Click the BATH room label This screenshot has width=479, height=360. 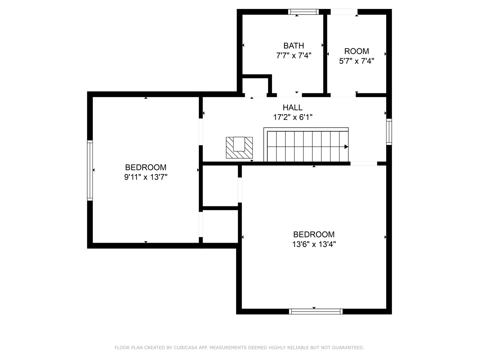tap(293, 46)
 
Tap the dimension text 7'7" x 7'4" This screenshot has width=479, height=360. tap(293, 55)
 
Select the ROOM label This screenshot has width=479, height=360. tap(356, 51)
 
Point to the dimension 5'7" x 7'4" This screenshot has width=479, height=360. tap(356, 61)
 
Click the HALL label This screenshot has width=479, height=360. tap(292, 107)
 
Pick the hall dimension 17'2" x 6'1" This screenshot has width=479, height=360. tap(292, 117)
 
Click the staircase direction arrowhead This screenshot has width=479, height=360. tap(346, 147)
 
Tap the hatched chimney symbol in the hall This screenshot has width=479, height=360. tap(239, 148)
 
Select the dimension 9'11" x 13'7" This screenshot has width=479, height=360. tap(145, 177)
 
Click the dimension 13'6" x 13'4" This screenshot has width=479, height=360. tap(314, 244)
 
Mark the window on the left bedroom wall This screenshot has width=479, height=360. tap(90, 170)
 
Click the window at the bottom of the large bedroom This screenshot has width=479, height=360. tap(315, 311)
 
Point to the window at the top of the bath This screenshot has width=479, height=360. tap(303, 12)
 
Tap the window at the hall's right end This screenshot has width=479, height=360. tap(389, 132)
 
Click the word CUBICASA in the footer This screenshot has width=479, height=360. tap(186, 348)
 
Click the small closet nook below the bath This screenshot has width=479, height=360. tap(255, 86)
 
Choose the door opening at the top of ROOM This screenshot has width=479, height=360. tap(344, 12)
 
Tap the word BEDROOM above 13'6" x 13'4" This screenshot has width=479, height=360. tap(314, 234)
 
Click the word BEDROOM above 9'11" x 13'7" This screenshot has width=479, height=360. tap(145, 167)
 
